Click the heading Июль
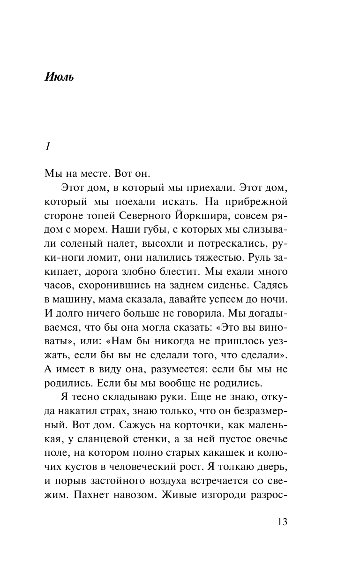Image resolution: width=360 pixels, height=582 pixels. pyautogui.click(x=59, y=77)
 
